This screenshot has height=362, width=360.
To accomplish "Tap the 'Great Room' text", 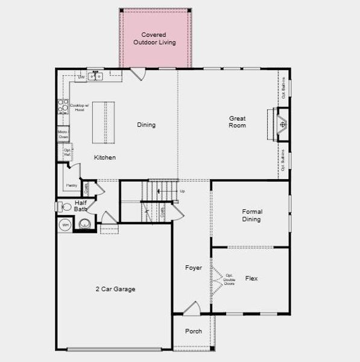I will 237,122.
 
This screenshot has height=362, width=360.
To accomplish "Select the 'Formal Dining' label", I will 251,215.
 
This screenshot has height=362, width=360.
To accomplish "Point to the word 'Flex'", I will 251,278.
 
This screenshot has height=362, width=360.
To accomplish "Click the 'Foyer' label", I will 193,267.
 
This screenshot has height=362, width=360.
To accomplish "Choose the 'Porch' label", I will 193,331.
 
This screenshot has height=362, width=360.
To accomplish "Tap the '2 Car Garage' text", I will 115,289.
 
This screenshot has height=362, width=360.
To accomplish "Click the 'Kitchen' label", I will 104,157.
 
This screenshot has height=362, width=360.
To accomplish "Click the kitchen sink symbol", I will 95,76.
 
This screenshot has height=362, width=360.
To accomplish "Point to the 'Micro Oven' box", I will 63,134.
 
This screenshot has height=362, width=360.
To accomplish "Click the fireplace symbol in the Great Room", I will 282,125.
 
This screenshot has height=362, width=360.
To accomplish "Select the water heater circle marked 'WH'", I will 65,226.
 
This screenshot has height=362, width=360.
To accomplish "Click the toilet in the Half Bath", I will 66,207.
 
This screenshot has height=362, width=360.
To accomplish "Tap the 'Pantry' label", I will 70,185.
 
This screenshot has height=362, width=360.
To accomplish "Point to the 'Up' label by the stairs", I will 182,191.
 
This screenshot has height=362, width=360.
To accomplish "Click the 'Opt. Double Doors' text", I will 229,280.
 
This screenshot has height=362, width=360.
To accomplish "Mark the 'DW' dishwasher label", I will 81,77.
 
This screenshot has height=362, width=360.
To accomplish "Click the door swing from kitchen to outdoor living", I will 138,74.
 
